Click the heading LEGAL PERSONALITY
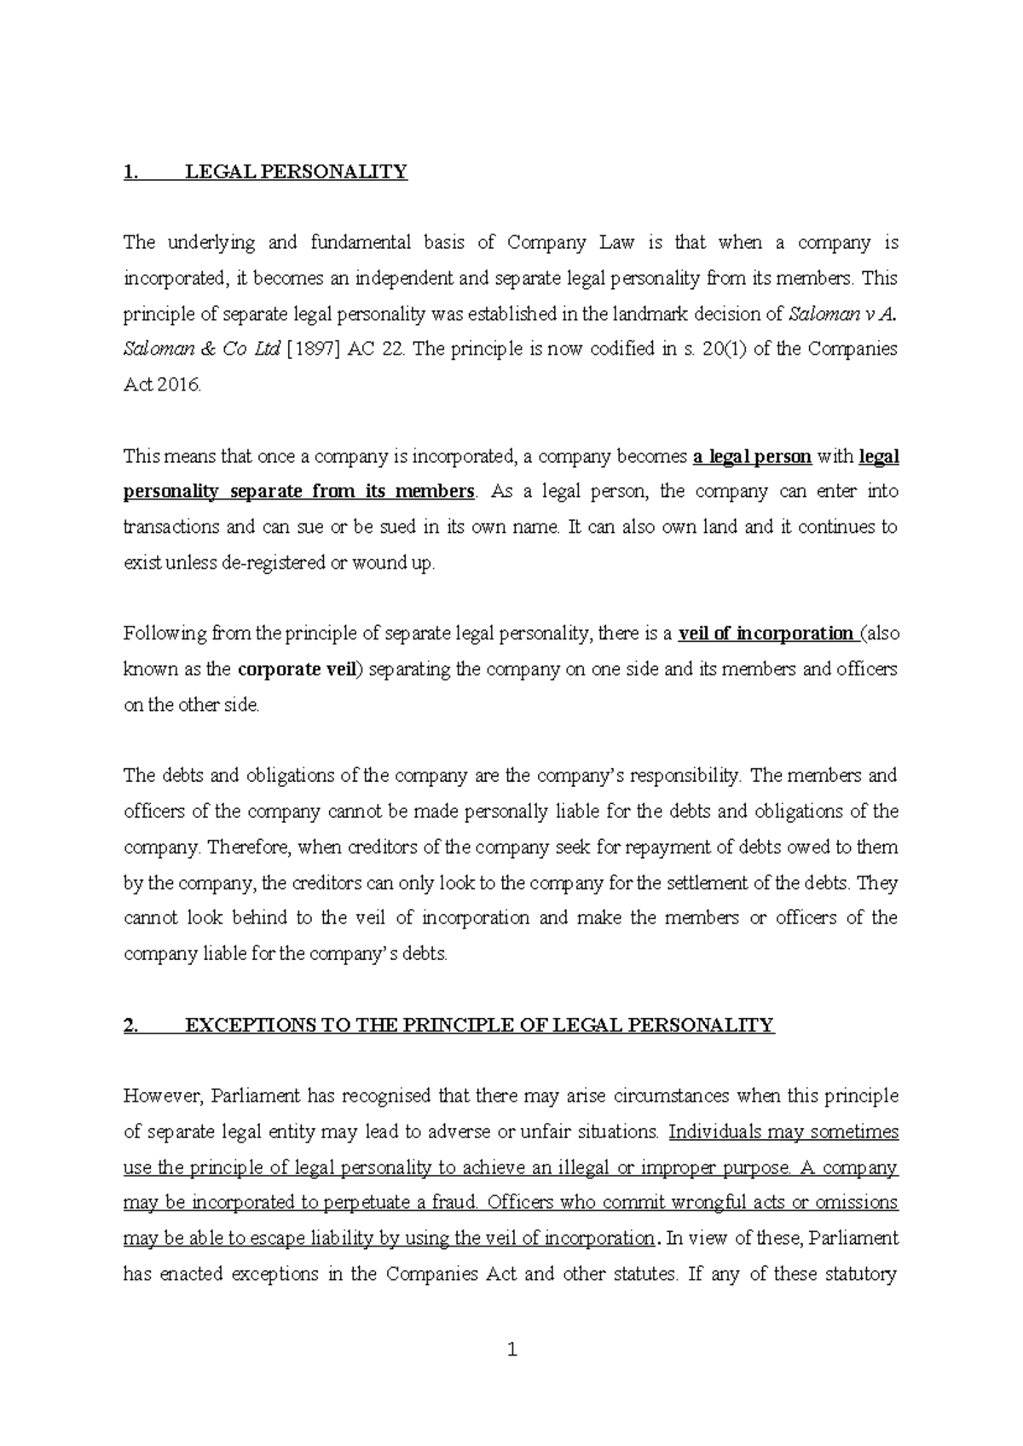point(296,171)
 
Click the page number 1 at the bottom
point(511,1350)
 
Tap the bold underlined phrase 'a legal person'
point(752,456)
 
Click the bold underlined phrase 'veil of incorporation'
point(766,633)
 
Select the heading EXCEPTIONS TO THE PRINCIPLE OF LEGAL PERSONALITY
point(478,1025)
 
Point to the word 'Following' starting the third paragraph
point(164,633)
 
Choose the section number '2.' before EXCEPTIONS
point(131,1025)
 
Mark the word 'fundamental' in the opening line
point(361,243)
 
